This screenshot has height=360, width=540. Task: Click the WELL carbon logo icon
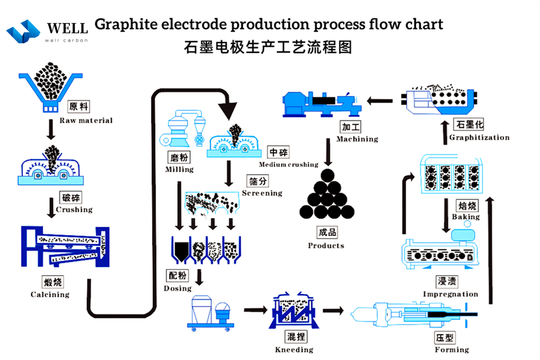[23, 31]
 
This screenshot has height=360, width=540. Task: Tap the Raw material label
[86, 120]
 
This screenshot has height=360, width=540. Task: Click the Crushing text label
[74, 210]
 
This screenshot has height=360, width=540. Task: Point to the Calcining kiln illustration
[65, 247]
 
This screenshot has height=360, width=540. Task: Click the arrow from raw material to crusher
[51, 129]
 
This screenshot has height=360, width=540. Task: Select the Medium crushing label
[288, 165]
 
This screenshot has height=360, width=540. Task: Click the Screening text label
[262, 193]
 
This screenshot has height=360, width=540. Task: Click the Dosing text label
[178, 288]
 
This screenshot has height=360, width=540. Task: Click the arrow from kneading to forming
[333, 310]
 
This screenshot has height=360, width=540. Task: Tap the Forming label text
[451, 350]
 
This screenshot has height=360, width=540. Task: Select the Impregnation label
[450, 294]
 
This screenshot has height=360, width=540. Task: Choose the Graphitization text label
[479, 137]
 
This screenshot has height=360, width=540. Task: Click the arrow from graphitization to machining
[380, 100]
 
